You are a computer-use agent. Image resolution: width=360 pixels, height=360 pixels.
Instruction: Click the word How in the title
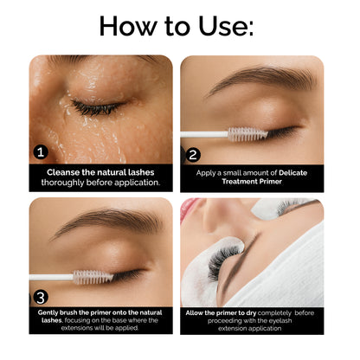(x=131, y=25)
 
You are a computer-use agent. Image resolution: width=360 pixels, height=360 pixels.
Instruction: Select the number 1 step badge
(x=40, y=152)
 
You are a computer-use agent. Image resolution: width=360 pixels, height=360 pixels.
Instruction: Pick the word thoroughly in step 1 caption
(x=67, y=183)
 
